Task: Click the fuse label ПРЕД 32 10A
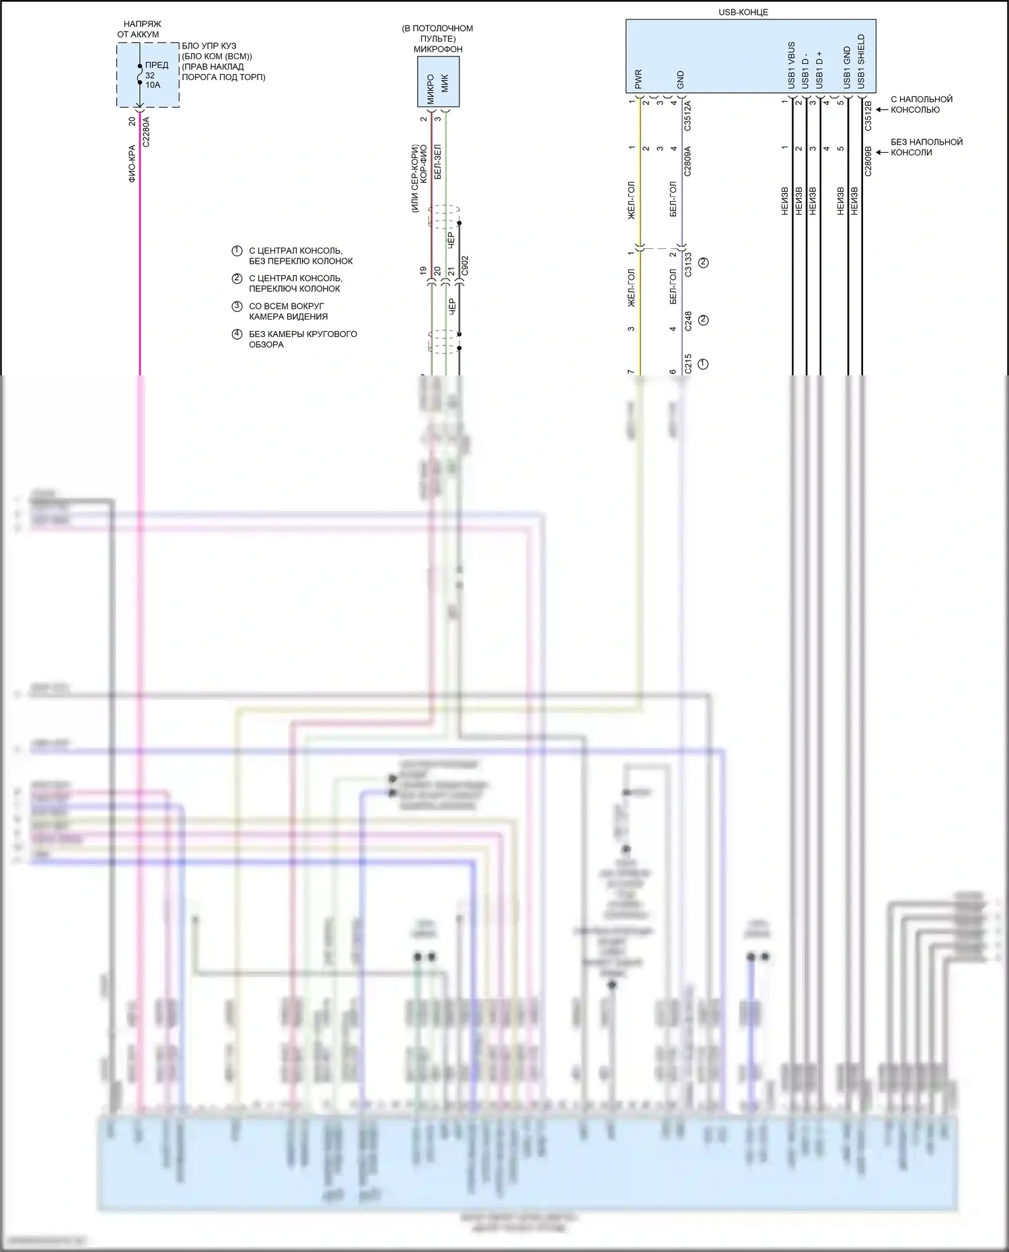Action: (156, 75)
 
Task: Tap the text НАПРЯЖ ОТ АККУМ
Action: (139, 29)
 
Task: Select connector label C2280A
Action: (146, 132)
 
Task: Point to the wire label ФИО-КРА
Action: (132, 163)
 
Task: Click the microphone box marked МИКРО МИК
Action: (438, 82)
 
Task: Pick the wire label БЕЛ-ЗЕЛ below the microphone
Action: (438, 161)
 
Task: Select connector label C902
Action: (465, 266)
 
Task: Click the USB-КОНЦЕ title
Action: (743, 12)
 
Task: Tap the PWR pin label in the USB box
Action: (638, 79)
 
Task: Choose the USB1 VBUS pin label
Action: (791, 65)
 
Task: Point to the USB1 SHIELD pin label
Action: (861, 61)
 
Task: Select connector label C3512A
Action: (687, 116)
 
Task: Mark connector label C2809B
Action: (868, 161)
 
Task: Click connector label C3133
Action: (687, 264)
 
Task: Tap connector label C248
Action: (687, 321)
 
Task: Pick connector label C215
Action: (687, 364)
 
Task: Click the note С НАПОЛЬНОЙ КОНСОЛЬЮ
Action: (921, 104)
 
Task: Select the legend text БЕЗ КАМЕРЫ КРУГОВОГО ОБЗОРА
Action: (303, 339)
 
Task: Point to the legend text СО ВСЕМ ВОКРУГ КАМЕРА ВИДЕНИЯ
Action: (288, 311)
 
